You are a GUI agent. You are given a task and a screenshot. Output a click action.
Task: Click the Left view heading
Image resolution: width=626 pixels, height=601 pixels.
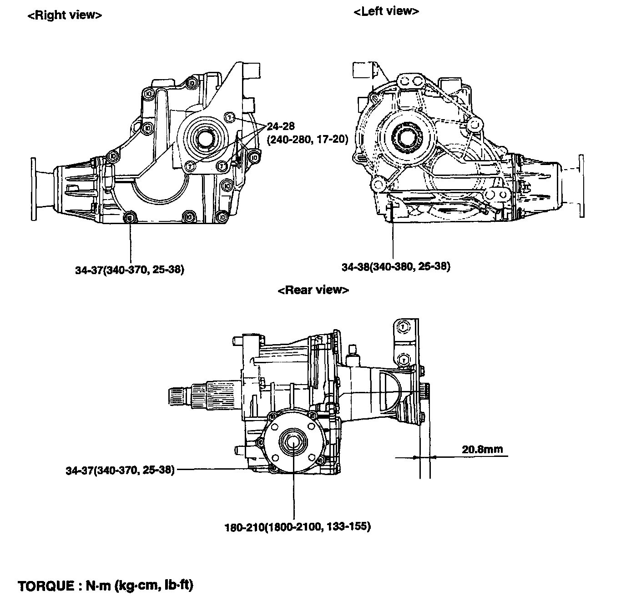coord(386,11)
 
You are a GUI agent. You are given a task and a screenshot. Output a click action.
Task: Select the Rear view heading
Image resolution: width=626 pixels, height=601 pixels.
coord(313,290)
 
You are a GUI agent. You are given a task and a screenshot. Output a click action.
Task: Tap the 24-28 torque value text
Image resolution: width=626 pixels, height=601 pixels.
coord(281,126)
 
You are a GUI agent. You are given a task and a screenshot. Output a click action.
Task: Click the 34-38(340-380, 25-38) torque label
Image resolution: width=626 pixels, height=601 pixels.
coord(396,266)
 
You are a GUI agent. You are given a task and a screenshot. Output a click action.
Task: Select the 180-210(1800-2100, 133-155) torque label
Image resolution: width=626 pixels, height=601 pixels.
coord(298,527)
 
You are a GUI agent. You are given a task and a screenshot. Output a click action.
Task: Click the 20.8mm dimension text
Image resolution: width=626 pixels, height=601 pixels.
coord(482,449)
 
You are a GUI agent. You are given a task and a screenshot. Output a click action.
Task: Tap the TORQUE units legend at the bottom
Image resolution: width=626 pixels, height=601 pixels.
coord(106,586)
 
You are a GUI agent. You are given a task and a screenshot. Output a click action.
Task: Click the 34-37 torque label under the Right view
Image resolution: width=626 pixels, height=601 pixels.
coord(130,269)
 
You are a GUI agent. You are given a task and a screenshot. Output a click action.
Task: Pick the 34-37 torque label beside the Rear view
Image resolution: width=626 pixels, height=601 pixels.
coord(120,470)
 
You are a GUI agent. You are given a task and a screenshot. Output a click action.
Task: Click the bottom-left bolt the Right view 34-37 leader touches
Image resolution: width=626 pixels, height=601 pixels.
coord(129,217)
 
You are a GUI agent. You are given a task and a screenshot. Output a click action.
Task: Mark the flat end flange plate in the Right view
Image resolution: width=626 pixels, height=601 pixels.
coord(34,189)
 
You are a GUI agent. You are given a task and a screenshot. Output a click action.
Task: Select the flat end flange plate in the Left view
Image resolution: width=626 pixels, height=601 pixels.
coord(581,186)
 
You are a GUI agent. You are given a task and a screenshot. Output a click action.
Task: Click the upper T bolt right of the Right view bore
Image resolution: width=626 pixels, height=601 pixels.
coord(229,117)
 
